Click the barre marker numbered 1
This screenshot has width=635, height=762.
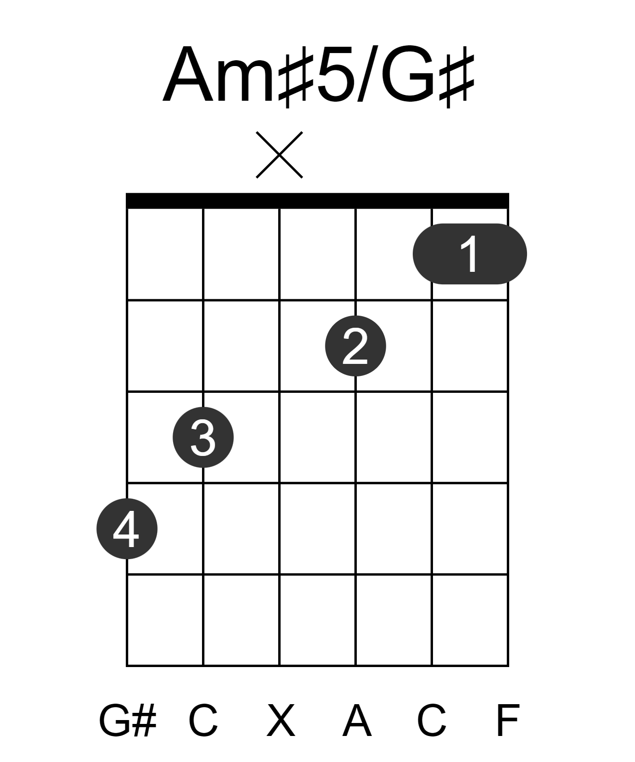pyautogui.click(x=469, y=254)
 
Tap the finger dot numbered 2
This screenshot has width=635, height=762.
pyautogui.click(x=355, y=346)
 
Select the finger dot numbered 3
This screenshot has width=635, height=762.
pyautogui.click(x=203, y=437)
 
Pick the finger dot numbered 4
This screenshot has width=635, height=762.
pyautogui.click(x=127, y=528)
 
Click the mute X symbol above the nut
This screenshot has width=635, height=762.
pyautogui.click(x=279, y=155)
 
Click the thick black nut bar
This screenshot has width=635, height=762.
pyautogui.click(x=317, y=201)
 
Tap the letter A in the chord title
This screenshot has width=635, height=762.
pyautogui.click(x=188, y=74)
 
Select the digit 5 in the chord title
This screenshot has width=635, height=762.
pyautogui.click(x=335, y=74)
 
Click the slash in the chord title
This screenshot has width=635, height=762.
pyautogui.click(x=368, y=74)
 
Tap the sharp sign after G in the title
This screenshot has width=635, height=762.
pyautogui.click(x=457, y=77)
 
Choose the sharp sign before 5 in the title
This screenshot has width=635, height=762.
pyautogui.click(x=296, y=77)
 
